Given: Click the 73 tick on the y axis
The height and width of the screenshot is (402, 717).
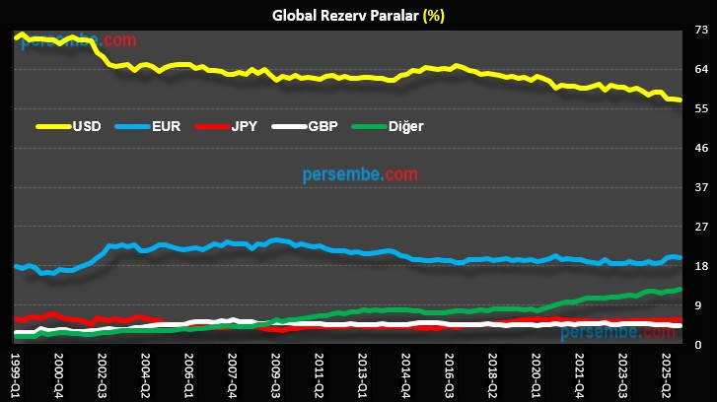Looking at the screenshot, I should tap(701, 31).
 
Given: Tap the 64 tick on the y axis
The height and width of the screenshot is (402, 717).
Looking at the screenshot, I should tap(701, 69).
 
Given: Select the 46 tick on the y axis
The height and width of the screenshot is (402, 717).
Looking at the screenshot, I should tap(701, 148).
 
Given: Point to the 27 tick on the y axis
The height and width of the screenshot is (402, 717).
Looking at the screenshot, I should tap(701, 227).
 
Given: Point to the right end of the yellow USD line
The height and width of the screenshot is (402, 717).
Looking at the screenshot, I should tap(681, 100).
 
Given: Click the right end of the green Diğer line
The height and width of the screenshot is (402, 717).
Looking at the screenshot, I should tap(681, 289).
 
